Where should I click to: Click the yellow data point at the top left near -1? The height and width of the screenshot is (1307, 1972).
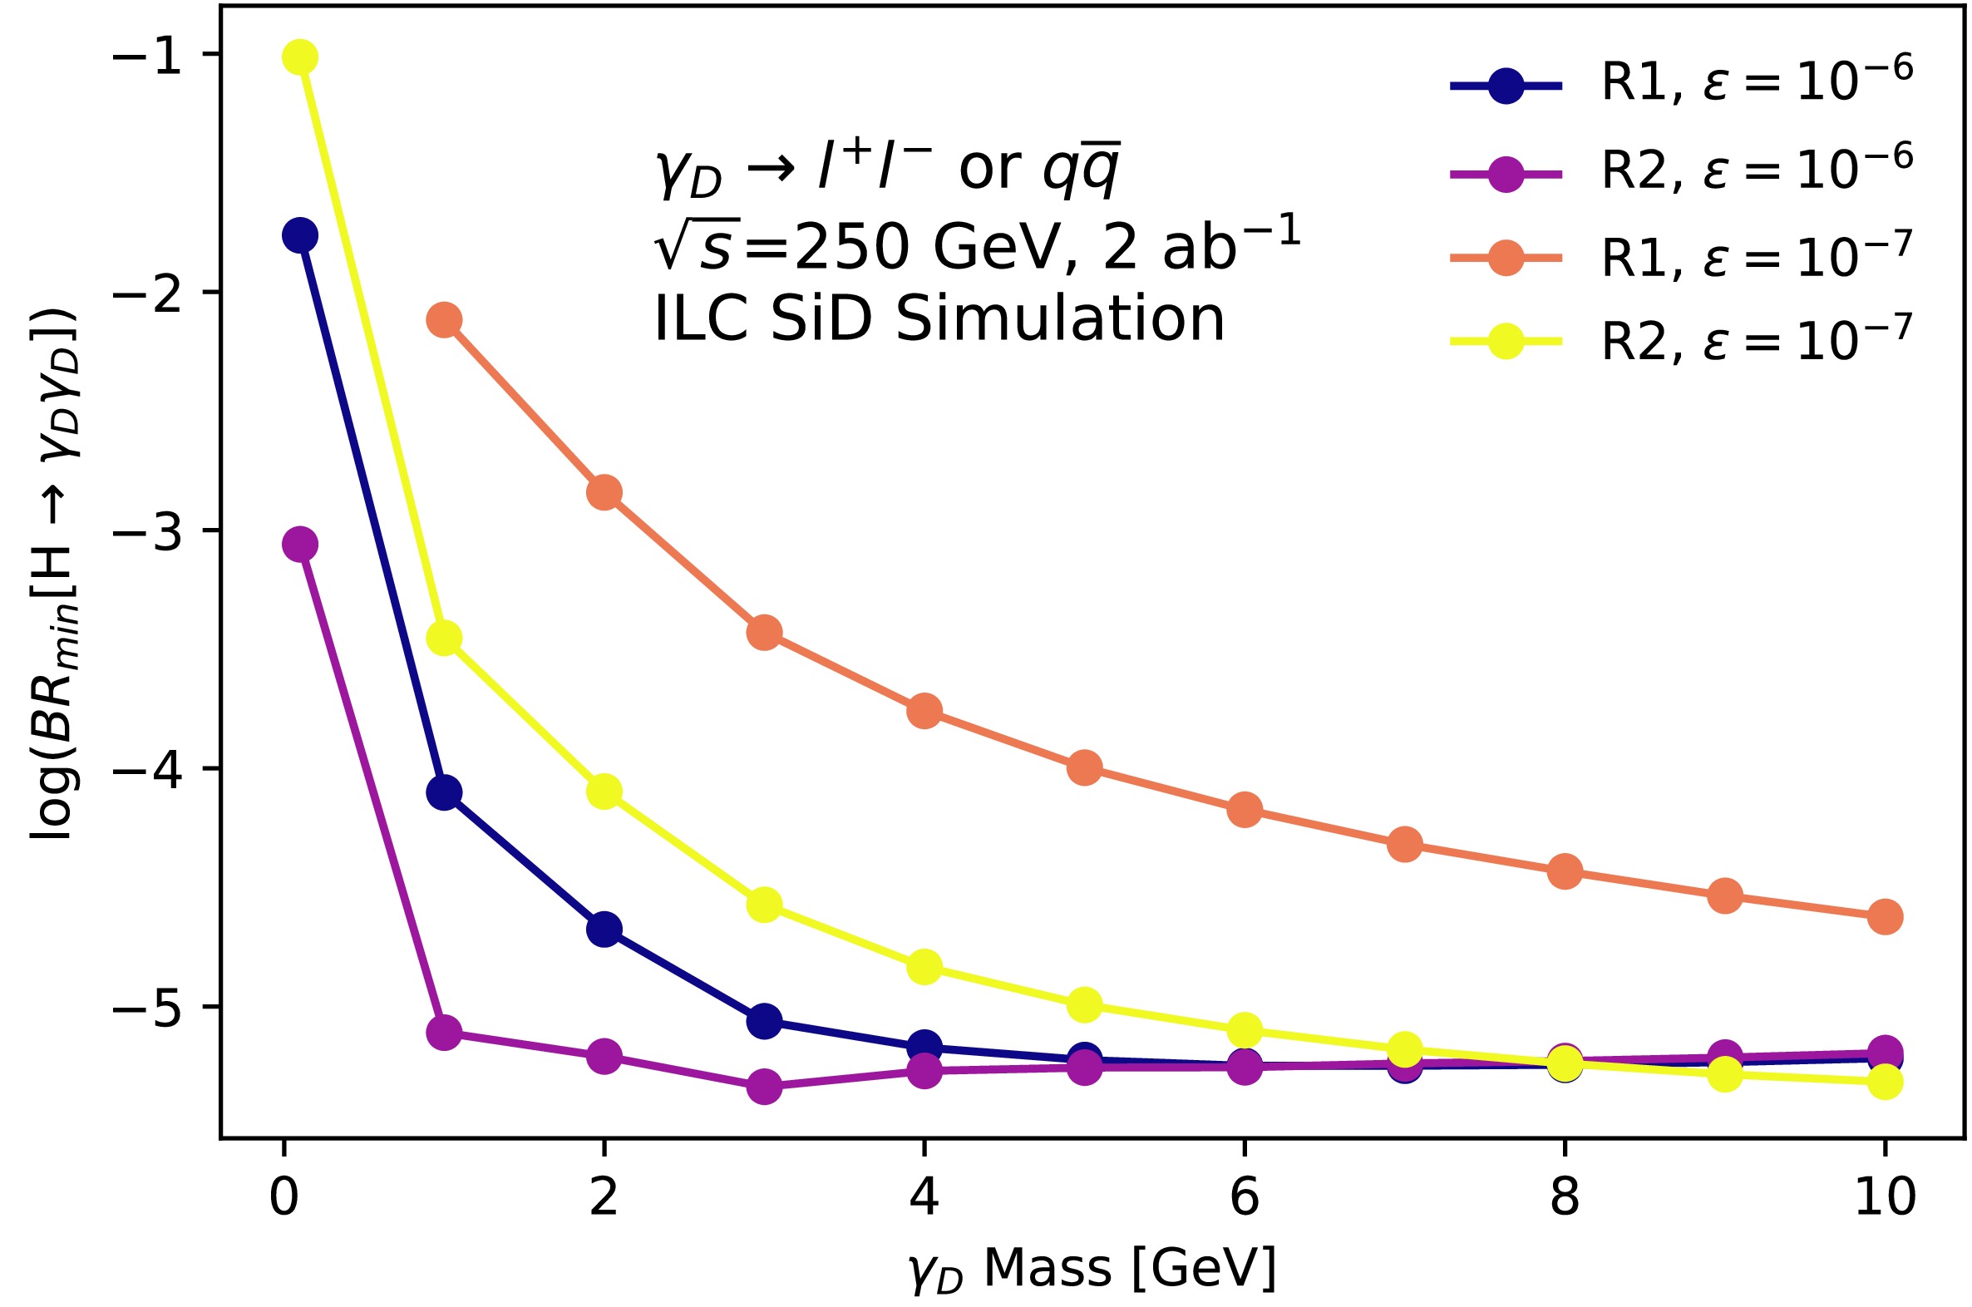pyautogui.click(x=300, y=57)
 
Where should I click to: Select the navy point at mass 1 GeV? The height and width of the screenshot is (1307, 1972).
pyautogui.click(x=444, y=792)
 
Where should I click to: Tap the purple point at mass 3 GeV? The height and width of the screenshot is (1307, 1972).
pyautogui.click(x=764, y=1086)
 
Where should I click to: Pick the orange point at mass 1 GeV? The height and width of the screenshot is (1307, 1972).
pyautogui.click(x=444, y=320)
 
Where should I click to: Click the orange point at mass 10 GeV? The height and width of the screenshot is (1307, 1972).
pyautogui.click(x=1885, y=917)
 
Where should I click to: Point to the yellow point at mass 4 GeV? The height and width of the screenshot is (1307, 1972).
pyautogui.click(x=924, y=967)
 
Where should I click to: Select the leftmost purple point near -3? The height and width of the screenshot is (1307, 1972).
pyautogui.click(x=300, y=545)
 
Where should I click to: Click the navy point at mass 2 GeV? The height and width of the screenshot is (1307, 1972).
pyautogui.click(x=604, y=929)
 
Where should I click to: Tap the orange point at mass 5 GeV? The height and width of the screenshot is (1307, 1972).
pyautogui.click(x=1084, y=767)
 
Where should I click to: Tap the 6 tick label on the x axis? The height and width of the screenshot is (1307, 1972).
pyautogui.click(x=1245, y=1198)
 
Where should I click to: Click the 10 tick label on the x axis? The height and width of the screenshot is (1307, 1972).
pyautogui.click(x=1885, y=1198)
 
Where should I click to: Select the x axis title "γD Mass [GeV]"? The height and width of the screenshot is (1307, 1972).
pyautogui.click(x=1092, y=1269)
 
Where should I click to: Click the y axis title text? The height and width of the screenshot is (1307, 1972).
pyautogui.click(x=55, y=575)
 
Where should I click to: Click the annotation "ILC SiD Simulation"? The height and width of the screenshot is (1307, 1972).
pyautogui.click(x=939, y=319)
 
